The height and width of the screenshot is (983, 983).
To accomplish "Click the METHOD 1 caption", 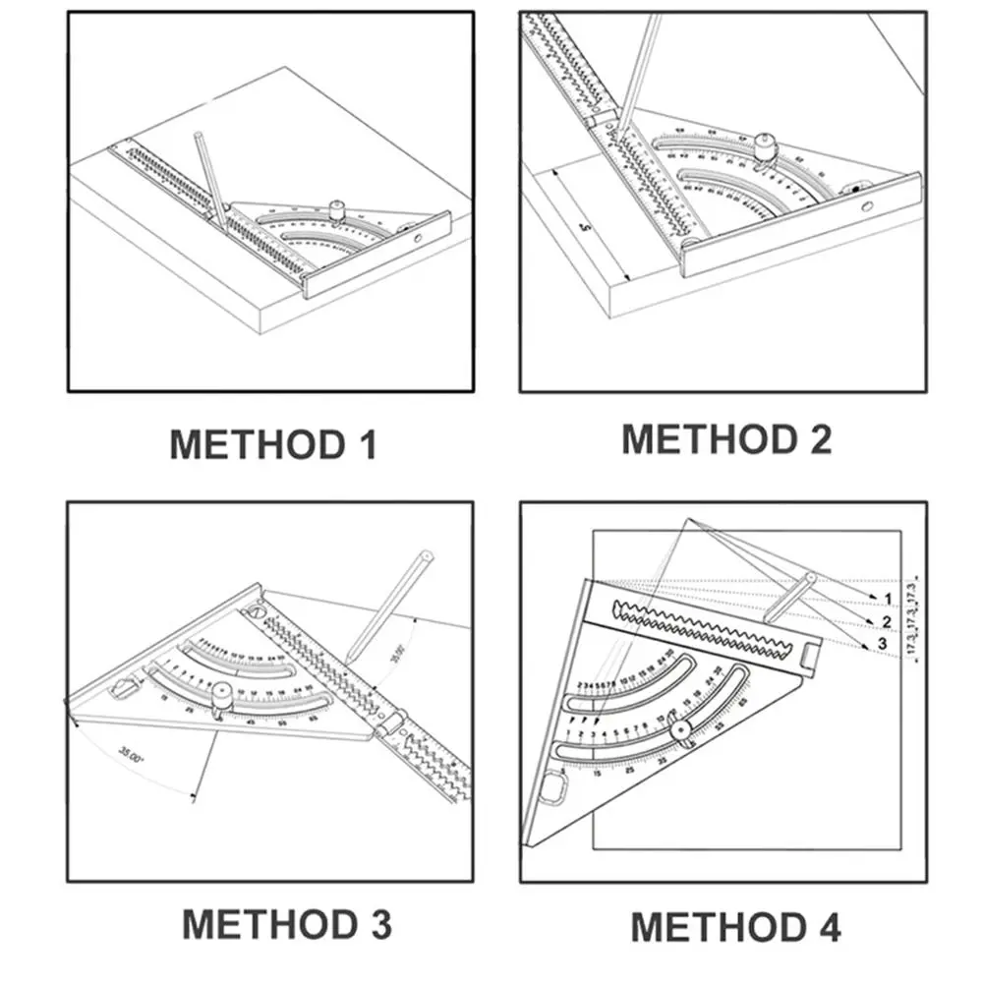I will coord(273,444).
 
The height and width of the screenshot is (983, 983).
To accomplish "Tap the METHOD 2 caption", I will coord(726,438).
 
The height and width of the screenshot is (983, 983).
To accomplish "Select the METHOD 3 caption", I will coord(286,925).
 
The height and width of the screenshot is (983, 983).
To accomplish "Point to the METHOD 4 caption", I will coord(735,927).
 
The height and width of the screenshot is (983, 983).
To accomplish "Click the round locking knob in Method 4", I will coord(679,730).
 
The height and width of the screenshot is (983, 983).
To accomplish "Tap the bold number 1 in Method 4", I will coord(888,599).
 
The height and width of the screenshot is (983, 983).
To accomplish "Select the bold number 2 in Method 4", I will coord(886,621).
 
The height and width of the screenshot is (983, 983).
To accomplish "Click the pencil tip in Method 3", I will coord(352,661).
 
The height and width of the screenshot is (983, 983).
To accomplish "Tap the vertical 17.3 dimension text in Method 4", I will coord(916,614).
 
